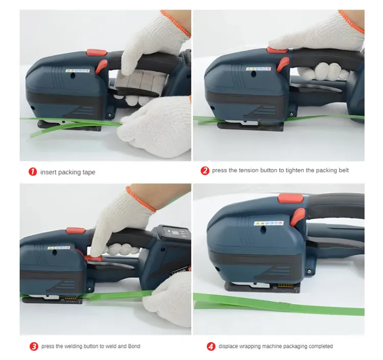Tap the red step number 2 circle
[x=205, y=171]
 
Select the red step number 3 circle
[x=34, y=346]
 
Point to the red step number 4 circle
[x=211, y=346]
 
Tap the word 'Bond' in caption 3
[x=134, y=346]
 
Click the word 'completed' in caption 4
[x=320, y=346]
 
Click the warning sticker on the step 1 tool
[x=78, y=70]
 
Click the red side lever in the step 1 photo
[x=102, y=66]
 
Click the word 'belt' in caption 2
[x=343, y=171]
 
